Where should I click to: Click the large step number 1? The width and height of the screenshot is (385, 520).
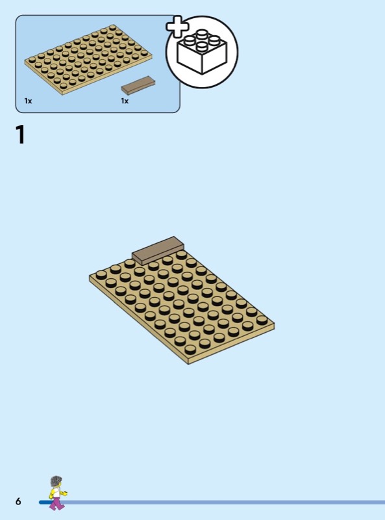[x=20, y=135]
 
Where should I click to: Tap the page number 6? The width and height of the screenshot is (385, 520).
[x=18, y=501]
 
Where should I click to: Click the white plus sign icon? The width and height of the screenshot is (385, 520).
[x=177, y=27]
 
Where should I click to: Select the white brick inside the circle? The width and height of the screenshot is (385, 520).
[x=202, y=51]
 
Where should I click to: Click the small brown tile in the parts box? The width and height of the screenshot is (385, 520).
[x=138, y=85]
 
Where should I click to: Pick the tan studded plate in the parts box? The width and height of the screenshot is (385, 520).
[x=88, y=60]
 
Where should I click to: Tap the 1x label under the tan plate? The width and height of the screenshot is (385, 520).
[x=28, y=101]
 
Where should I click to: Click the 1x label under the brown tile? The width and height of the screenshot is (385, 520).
[x=125, y=101]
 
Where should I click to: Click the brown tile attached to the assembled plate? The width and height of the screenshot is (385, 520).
[x=158, y=250]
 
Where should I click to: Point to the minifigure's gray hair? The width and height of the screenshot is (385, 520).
[x=56, y=481]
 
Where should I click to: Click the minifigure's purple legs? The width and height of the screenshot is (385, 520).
[x=57, y=503]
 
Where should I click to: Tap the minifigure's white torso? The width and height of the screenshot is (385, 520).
[x=56, y=493]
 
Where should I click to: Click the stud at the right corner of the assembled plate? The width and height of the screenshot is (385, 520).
[x=262, y=320]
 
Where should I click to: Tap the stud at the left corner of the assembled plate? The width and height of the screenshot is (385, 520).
[x=101, y=275]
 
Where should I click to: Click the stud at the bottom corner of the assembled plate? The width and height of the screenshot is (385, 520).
[x=190, y=349]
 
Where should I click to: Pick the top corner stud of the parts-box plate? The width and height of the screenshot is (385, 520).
[x=113, y=27]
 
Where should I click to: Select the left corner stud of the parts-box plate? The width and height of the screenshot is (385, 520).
[x=32, y=60]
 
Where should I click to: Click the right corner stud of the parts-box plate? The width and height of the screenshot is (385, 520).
[x=144, y=53]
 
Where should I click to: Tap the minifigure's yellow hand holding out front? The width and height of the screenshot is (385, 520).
[x=65, y=493]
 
